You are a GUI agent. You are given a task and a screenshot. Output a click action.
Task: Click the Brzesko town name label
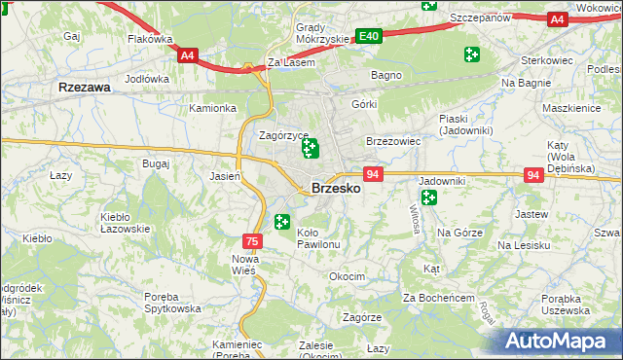[336, 189]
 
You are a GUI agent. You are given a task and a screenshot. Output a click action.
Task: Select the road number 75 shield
[252, 240]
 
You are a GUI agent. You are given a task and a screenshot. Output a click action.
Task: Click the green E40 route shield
[368, 36]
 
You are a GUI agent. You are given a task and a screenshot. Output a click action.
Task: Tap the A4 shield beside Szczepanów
[557, 18]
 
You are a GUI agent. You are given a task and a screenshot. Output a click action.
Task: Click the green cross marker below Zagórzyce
[311, 149]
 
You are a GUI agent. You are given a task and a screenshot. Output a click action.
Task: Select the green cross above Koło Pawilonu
[283, 223]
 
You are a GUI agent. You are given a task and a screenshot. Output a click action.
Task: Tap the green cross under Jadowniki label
[429, 198]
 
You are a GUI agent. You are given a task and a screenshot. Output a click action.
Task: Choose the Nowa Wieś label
[243, 265]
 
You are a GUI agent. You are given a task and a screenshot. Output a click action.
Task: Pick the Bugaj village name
[155, 162]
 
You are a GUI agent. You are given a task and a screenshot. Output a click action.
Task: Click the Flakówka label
[150, 40]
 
